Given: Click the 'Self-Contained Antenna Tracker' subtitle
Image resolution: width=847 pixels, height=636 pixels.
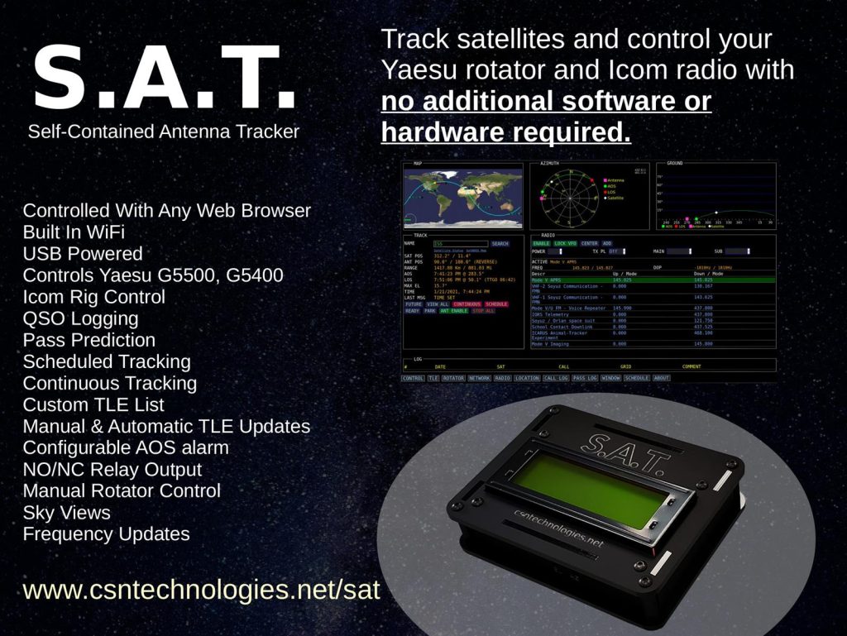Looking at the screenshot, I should pyautogui.click(x=164, y=132).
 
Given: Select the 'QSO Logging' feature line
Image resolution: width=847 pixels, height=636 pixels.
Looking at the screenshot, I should pyautogui.click(x=80, y=318).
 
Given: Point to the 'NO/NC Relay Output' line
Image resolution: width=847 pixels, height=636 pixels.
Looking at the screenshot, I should pyautogui.click(x=112, y=469).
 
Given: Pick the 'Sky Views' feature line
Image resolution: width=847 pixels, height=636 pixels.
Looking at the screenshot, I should pyautogui.click(x=67, y=512).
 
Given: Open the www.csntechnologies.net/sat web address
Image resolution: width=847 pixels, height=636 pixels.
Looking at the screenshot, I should pyautogui.click(x=201, y=590).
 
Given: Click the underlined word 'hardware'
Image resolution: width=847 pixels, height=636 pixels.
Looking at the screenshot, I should pyautogui.click(x=439, y=132).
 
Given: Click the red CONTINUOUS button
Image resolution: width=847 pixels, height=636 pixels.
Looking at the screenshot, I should pyautogui.click(x=467, y=304).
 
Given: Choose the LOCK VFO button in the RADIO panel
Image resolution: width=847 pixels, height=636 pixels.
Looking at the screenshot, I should pyautogui.click(x=566, y=244).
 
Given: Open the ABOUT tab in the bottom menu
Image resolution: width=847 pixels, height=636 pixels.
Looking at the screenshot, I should pyautogui.click(x=661, y=378).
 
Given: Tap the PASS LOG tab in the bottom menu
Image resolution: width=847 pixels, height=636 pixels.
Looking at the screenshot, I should pyautogui.click(x=584, y=378).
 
